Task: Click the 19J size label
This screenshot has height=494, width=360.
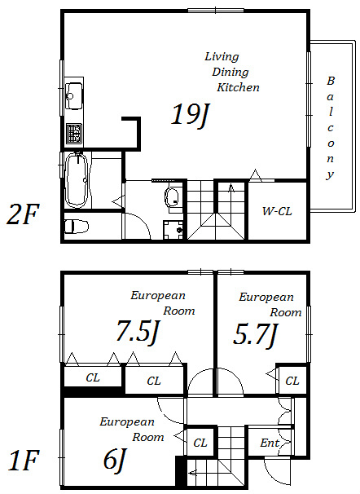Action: point(191,116)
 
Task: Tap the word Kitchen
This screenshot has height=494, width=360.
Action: point(238,87)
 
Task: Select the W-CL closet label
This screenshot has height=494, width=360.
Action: point(277,211)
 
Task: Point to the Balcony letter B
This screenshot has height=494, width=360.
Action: point(330,81)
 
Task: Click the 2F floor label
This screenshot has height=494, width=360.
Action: point(22,214)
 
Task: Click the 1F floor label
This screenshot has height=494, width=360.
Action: point(23,461)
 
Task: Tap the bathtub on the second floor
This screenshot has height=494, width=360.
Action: point(76,180)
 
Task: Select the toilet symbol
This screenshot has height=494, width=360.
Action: point(77,226)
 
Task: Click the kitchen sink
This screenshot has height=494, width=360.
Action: point(73,95)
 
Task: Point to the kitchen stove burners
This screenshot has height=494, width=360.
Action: point(74,134)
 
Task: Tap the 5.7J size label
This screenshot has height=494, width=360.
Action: point(255,335)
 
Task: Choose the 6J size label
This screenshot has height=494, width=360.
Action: point(115,459)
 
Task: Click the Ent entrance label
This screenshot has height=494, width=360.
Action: point(270,443)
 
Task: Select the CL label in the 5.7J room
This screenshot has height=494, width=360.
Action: point(292,381)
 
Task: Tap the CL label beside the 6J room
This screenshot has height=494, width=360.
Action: point(200,443)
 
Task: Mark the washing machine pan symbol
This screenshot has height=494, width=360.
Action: point(173,230)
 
